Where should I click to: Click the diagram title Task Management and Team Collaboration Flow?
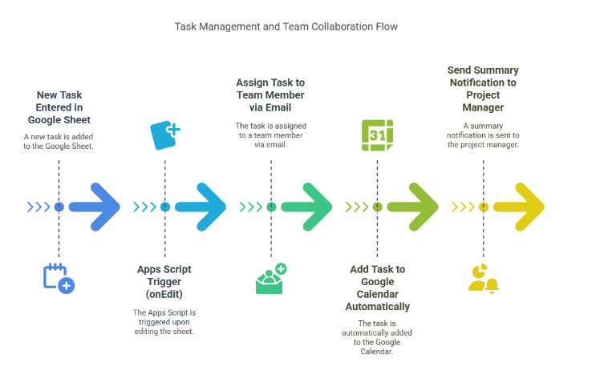click(x=286, y=26)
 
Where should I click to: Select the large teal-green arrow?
click(x=307, y=207)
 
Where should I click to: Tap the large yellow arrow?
click(x=519, y=207)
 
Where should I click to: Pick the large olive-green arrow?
click(x=413, y=207)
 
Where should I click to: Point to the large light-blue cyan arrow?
click(x=201, y=207)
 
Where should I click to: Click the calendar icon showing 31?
click(x=377, y=135)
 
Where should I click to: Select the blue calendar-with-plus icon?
click(x=59, y=277)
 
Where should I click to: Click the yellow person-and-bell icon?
click(x=483, y=277)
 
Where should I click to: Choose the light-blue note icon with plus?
click(x=165, y=135)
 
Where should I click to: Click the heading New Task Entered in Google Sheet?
click(x=59, y=107)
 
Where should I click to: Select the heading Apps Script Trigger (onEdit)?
click(x=164, y=281)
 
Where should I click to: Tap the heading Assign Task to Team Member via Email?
click(x=270, y=95)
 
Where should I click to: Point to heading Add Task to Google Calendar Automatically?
click(x=377, y=288)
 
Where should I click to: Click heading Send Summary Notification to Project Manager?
click(x=483, y=89)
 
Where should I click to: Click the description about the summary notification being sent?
click(x=483, y=135)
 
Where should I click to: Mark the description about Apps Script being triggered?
click(x=164, y=322)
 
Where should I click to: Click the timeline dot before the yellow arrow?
click(x=483, y=207)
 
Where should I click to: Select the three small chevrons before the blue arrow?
click(x=39, y=207)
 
